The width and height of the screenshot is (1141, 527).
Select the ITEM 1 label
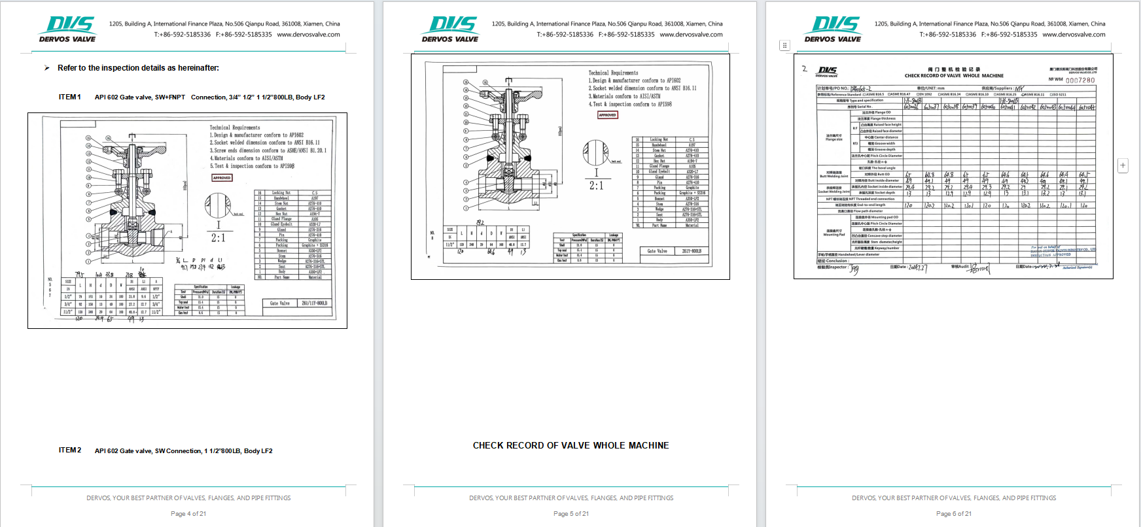coord(70,97)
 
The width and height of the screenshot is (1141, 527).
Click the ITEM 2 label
coord(70,450)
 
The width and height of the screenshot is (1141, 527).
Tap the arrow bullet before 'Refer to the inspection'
coord(47,68)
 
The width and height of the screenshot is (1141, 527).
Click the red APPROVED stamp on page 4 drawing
coord(222,178)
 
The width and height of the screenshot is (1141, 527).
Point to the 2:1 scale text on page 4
coord(218,238)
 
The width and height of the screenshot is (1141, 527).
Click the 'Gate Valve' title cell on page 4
coord(279,303)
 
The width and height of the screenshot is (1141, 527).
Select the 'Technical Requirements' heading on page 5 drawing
coord(613,73)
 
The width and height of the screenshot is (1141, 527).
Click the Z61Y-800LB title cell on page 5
coord(692,251)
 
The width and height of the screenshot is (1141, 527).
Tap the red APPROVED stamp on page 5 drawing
coord(607,115)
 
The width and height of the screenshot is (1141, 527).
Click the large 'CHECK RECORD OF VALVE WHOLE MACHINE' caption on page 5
coord(570,445)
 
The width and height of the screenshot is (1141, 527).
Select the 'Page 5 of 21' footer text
coord(570,514)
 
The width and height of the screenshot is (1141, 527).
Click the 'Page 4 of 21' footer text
coord(188,514)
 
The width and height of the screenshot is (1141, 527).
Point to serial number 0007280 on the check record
coord(1080,80)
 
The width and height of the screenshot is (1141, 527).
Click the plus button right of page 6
coord(1123,165)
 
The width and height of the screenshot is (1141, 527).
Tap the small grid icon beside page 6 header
coord(784,45)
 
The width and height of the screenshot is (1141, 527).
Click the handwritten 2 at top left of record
coord(804,69)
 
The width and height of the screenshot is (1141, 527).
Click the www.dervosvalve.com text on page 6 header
coord(1074,35)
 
